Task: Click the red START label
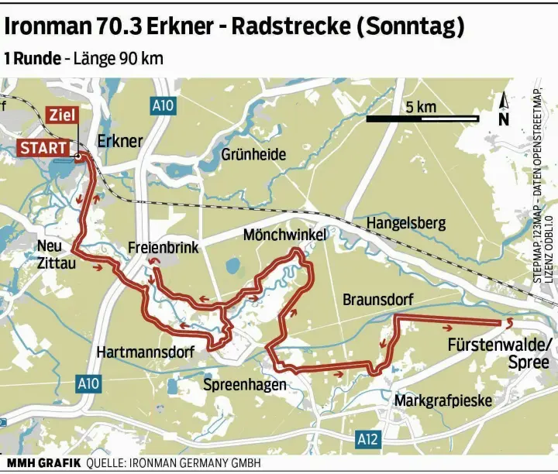pyautogui.click(x=43, y=147)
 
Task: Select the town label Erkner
pyautogui.click(x=120, y=141)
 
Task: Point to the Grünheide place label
pyautogui.click(x=253, y=154)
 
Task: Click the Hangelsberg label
pyautogui.click(x=406, y=223)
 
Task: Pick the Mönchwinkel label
pyautogui.click(x=284, y=234)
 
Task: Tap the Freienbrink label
pyautogui.click(x=163, y=248)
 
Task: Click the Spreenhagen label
pyautogui.click(x=244, y=385)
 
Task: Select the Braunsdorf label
pyautogui.click(x=378, y=299)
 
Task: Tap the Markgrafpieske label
pyautogui.click(x=444, y=400)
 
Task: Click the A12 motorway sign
pyautogui.click(x=369, y=440)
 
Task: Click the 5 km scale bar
pyautogui.click(x=422, y=118)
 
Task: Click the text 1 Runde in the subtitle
pyautogui.click(x=32, y=59)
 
